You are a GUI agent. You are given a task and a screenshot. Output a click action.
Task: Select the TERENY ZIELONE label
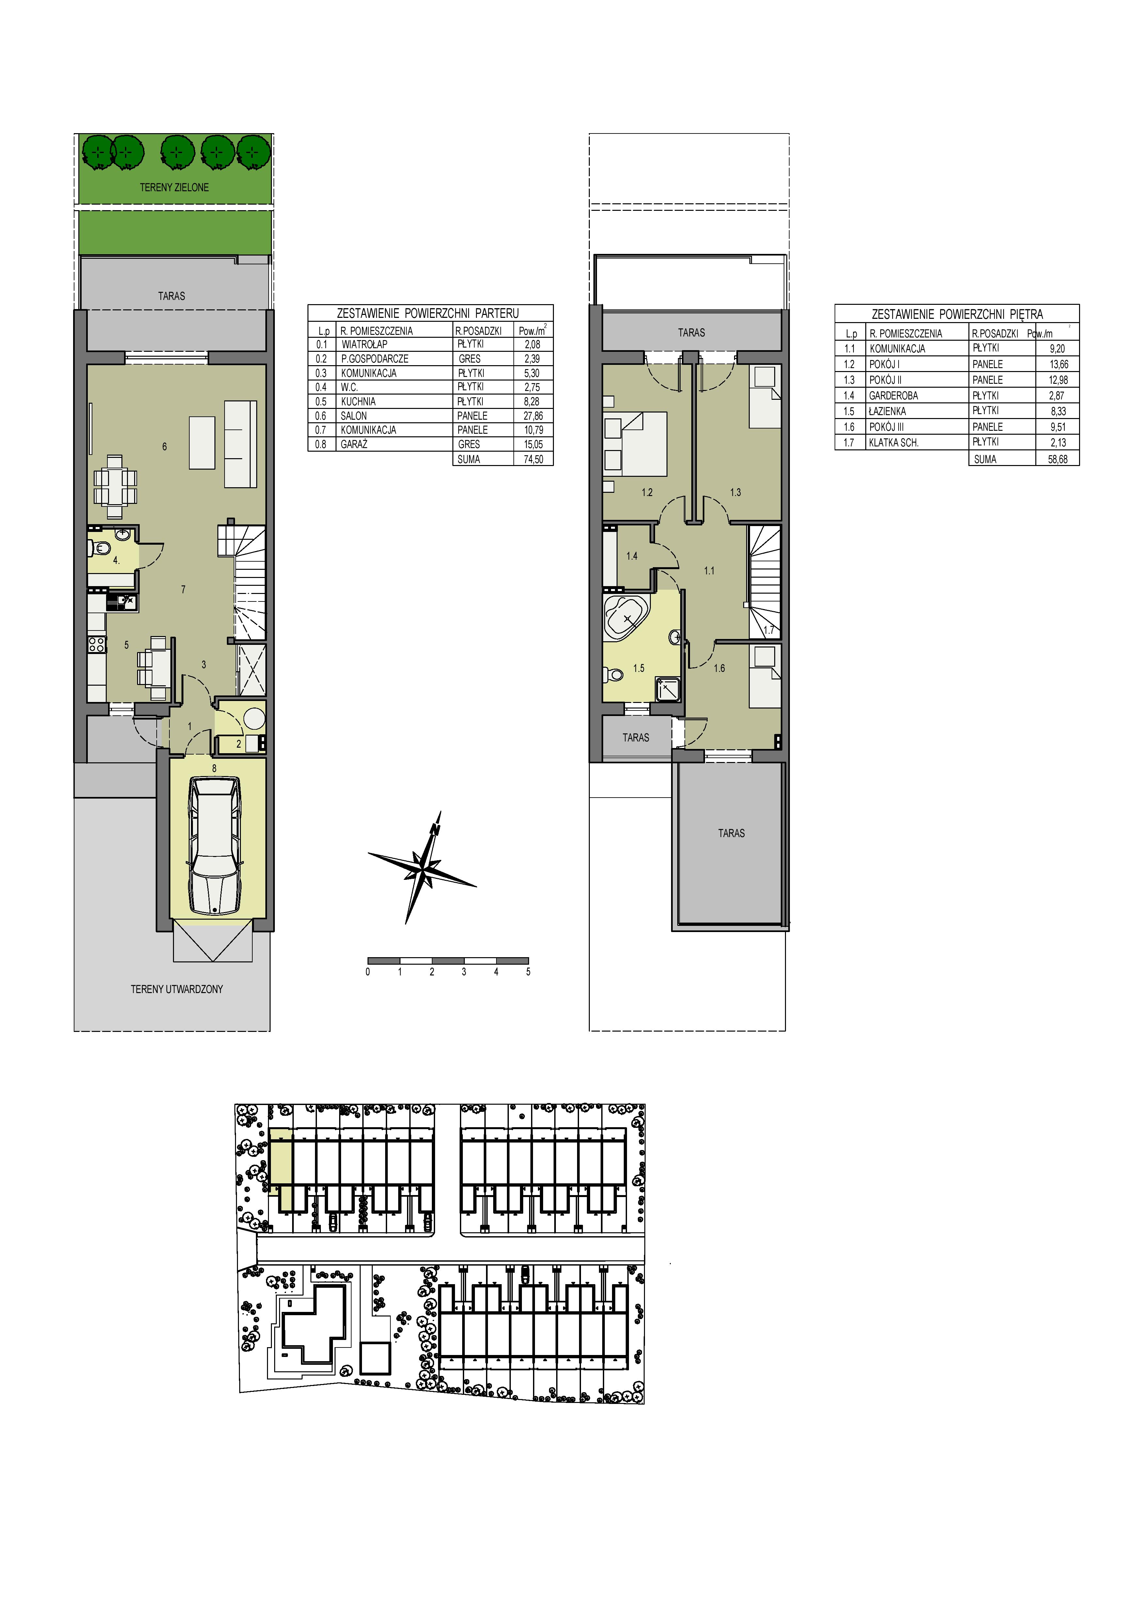click(x=174, y=188)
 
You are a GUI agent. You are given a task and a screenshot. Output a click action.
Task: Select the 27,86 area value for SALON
click(x=533, y=416)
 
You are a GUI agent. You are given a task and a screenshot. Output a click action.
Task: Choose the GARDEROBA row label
click(x=893, y=396)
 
